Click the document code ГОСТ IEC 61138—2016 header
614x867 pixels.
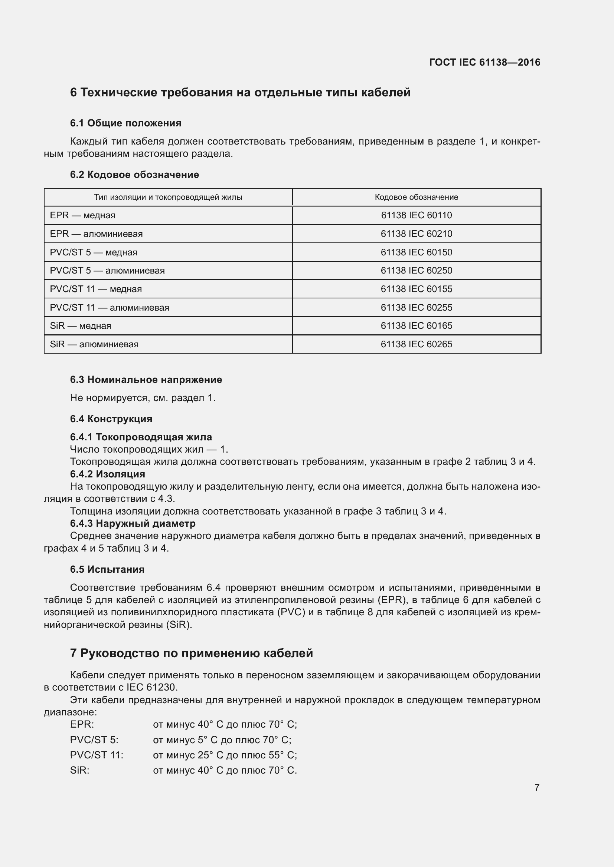click(x=484, y=62)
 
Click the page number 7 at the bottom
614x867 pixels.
click(x=536, y=787)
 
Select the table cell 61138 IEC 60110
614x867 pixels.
click(x=416, y=215)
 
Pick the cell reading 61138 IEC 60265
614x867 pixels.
click(x=416, y=344)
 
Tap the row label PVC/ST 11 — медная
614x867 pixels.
click(x=96, y=289)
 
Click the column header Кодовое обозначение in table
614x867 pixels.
click(x=416, y=197)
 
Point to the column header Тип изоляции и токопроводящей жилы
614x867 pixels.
click(x=168, y=197)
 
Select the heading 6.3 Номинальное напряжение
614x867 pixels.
click(x=146, y=380)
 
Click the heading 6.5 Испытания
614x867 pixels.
click(x=107, y=569)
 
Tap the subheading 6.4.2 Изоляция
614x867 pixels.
click(x=107, y=474)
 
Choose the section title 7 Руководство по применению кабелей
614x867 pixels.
click(x=191, y=653)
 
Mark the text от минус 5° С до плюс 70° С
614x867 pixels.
click(x=222, y=740)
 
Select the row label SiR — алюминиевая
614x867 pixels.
click(x=94, y=344)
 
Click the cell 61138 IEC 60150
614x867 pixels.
click(x=416, y=252)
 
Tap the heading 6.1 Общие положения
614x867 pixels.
click(x=125, y=123)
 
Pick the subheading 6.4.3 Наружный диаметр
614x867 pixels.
click(x=133, y=523)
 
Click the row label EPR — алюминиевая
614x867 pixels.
click(x=96, y=234)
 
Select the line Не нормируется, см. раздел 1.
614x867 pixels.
click(x=143, y=398)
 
